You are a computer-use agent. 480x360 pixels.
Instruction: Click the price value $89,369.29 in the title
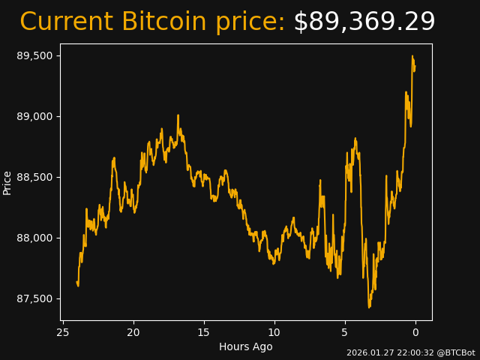(x=364, y=22)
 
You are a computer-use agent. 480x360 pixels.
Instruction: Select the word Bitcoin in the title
(x=163, y=22)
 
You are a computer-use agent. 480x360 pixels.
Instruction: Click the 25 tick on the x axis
(x=63, y=332)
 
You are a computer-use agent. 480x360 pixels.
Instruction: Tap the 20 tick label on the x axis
(x=133, y=332)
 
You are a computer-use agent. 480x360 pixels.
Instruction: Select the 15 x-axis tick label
(x=204, y=332)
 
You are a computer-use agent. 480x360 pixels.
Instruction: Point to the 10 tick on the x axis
(x=274, y=332)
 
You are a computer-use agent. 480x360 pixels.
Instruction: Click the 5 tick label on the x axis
(x=345, y=332)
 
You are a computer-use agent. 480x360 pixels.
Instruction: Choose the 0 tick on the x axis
(x=415, y=332)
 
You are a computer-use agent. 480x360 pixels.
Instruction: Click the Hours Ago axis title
(x=245, y=346)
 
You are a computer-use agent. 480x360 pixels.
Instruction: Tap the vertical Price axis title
(x=7, y=182)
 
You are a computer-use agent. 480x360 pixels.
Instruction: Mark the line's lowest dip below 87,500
(x=369, y=307)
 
